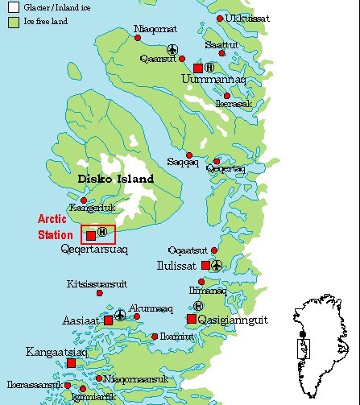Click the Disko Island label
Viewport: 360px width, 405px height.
115,179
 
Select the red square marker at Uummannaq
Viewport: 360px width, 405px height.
198,68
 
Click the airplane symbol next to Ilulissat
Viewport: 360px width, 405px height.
217,265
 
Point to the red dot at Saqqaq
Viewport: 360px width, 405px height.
189,155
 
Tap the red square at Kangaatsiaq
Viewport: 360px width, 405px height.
71,363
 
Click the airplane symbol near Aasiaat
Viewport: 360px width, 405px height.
120,314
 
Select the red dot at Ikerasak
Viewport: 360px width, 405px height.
227,96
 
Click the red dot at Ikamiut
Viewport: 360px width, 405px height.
155,337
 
